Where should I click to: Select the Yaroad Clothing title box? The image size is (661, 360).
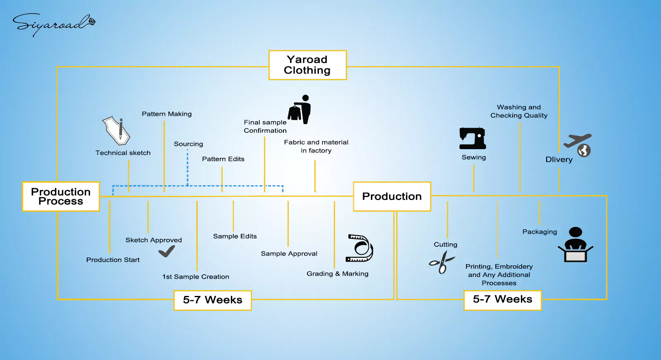coord(307,65)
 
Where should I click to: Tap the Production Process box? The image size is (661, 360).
coord(61,197)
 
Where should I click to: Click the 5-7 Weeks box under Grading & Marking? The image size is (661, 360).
coord(212,300)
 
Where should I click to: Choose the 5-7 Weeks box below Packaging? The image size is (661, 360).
coord(502,300)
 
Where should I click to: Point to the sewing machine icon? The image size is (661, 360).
coord(473,138)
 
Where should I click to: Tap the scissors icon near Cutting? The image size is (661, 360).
coord(442,262)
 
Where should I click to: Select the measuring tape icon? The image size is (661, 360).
coord(359,248)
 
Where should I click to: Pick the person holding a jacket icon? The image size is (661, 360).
coord(300,110)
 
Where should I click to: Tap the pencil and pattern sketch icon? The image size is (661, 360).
coord(116,131)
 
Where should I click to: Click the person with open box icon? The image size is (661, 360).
coord(575,245)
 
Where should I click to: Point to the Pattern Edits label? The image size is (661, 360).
coord(223,159)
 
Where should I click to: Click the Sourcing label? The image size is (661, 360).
coord(188,144)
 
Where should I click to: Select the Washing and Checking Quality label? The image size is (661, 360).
coord(519,112)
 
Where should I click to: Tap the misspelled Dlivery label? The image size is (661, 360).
coord(559,160)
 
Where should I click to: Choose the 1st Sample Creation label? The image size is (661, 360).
coord(195,277)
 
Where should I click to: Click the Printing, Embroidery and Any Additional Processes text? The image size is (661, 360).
coord(499,275)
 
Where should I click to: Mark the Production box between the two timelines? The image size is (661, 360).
coord(392,197)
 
